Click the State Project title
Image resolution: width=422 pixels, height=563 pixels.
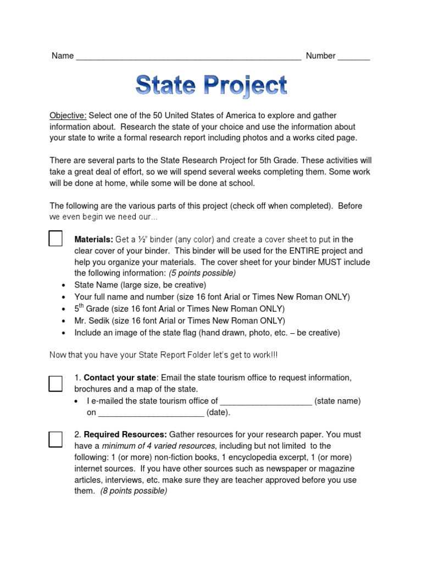click(x=211, y=86)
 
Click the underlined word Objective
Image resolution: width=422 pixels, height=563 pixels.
click(x=68, y=115)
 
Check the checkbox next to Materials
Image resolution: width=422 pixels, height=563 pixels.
click(x=55, y=239)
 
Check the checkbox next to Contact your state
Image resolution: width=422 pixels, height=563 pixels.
click(x=55, y=383)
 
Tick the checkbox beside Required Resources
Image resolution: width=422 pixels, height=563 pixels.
click(x=55, y=439)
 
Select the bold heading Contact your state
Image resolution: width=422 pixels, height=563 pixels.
click(x=120, y=378)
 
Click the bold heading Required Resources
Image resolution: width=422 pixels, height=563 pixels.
click(x=125, y=434)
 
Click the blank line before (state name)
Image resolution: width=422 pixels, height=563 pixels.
click(x=266, y=402)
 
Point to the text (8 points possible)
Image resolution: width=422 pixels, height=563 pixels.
click(x=134, y=491)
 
